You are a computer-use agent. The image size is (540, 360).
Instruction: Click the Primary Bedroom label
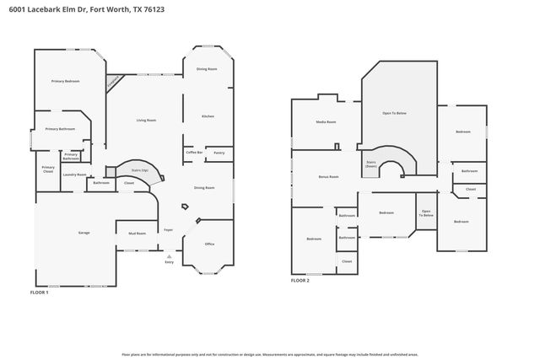pos(65,81)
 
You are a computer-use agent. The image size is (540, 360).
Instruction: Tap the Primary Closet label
pos(48,169)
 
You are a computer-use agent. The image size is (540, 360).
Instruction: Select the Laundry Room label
pos(75,175)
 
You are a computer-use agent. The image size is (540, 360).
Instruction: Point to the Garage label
pos(84,232)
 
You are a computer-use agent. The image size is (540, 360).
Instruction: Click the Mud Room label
pos(137,233)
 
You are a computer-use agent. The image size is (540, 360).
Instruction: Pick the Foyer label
pos(168,228)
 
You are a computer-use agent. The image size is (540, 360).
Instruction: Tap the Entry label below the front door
pos(169,262)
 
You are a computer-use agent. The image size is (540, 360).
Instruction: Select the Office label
pos(210,244)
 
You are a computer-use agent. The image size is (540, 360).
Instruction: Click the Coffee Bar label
pos(194,152)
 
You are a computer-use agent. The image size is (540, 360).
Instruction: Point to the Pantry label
pos(219,153)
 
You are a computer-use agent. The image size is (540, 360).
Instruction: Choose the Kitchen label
pos(208,116)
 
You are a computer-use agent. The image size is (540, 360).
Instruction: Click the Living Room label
pos(146,121)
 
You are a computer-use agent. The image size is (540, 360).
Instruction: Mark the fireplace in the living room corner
pos(113,82)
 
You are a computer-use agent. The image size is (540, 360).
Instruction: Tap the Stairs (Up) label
pos(139,170)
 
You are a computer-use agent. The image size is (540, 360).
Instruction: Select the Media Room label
pos(326,122)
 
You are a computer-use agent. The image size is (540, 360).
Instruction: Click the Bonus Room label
pos(328,176)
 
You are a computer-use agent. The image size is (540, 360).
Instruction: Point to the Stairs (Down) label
pos(370,164)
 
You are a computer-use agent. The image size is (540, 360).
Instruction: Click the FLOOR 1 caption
pos(40,292)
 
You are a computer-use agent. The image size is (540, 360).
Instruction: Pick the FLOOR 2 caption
pos(300,280)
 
